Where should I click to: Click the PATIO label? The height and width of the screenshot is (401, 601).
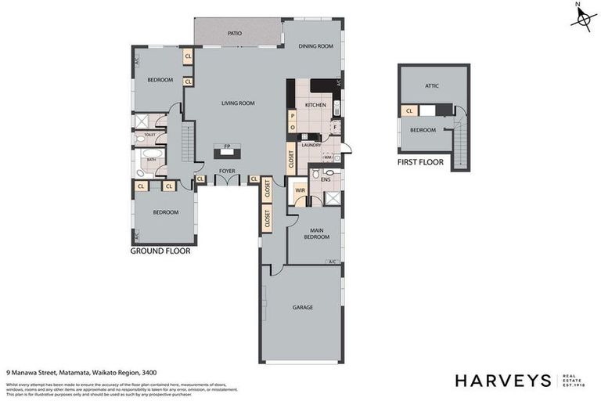pos(235,34)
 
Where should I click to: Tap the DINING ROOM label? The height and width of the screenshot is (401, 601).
pos(316,46)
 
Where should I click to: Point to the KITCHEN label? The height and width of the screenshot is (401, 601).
pos(315,104)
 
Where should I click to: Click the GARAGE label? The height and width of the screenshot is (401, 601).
pos(302,307)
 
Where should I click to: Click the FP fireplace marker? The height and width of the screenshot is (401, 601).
pos(227,146)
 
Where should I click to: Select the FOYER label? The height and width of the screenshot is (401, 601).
pos(227,170)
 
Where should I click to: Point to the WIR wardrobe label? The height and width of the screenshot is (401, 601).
pos(300,190)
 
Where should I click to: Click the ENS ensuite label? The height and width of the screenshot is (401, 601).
pos(326,179)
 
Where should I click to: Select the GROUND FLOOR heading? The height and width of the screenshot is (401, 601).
pos(160,251)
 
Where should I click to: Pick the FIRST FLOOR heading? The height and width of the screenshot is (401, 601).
pos(420,163)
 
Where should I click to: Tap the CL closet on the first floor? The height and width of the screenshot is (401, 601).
pos(408,111)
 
